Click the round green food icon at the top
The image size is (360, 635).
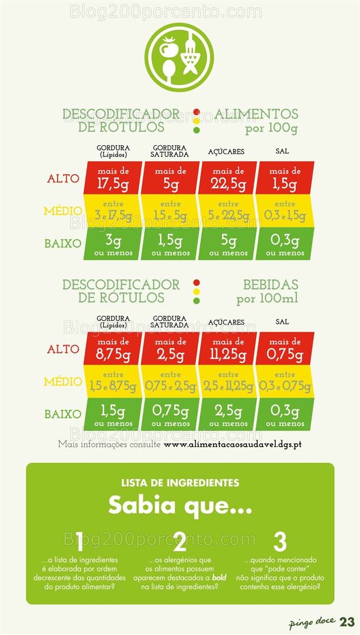(179, 57)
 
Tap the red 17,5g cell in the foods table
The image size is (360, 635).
(113, 178)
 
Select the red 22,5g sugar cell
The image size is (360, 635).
(228, 178)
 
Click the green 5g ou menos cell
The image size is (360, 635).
(228, 244)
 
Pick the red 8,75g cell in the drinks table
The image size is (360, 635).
(113, 349)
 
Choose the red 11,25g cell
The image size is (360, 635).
(228, 349)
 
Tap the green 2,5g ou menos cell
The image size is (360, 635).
(228, 414)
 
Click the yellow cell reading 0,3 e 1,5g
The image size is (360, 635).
(285, 211)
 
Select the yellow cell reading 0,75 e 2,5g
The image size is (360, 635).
(171, 382)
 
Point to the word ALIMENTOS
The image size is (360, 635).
(256, 114)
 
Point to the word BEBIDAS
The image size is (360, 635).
(271, 285)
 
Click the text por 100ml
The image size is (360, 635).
(267, 299)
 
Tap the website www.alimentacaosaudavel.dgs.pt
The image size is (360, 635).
(232, 444)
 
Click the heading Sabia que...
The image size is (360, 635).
(180, 505)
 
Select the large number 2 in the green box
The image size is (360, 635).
(180, 542)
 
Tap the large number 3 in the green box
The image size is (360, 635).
(280, 542)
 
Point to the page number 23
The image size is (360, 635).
(347, 622)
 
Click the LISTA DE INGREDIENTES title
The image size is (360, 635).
(180, 483)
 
